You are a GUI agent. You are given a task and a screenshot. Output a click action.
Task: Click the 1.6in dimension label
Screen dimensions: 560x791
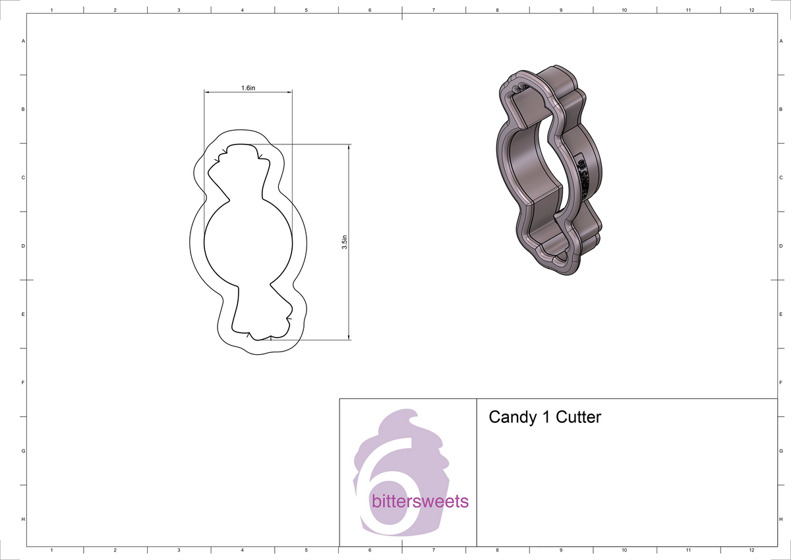[248, 88]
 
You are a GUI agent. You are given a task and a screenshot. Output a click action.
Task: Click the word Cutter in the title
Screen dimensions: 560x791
[579, 418]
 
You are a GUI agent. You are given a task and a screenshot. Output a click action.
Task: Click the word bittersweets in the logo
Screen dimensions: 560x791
[420, 502]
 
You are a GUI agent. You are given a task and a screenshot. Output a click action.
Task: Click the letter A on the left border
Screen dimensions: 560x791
[24, 41]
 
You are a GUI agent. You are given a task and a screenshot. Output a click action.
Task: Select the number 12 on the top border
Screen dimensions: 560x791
[751, 10]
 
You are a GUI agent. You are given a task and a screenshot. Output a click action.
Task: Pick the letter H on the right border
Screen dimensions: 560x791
[780, 519]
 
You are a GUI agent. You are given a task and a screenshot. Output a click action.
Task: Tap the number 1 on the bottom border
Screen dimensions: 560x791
[52, 549]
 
